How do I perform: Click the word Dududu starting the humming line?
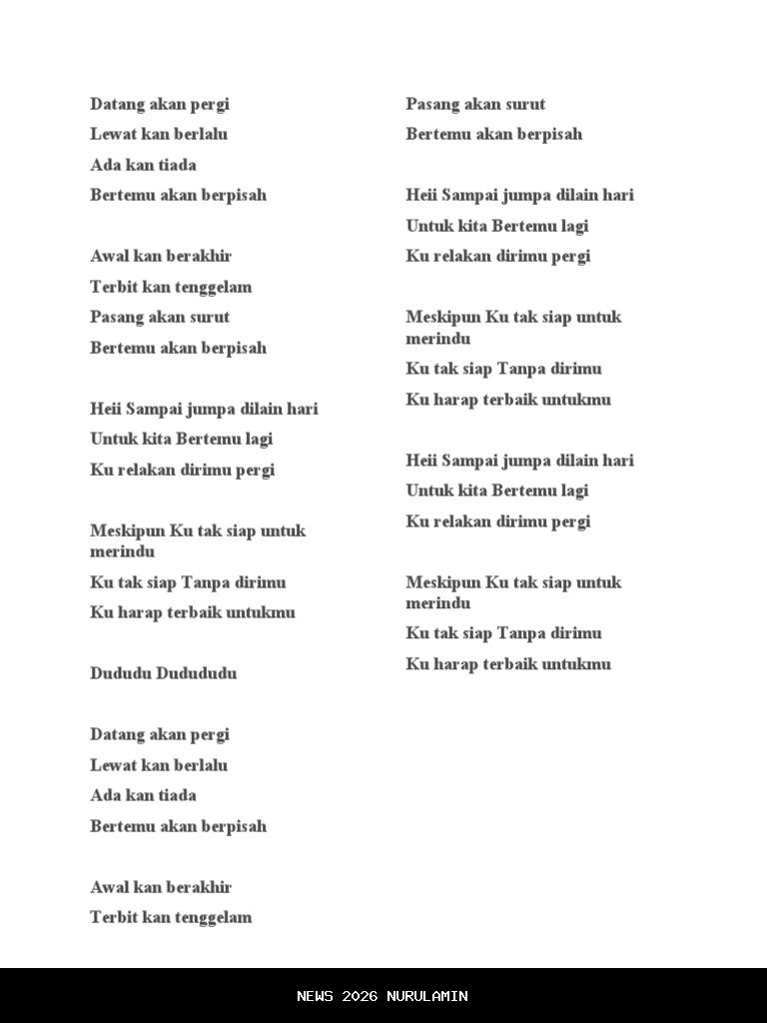[x=121, y=673]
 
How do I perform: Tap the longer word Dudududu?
[x=197, y=673]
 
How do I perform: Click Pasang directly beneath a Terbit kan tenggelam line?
[x=117, y=318]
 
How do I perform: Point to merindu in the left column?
[x=122, y=551]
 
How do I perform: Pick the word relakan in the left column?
[x=146, y=470]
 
